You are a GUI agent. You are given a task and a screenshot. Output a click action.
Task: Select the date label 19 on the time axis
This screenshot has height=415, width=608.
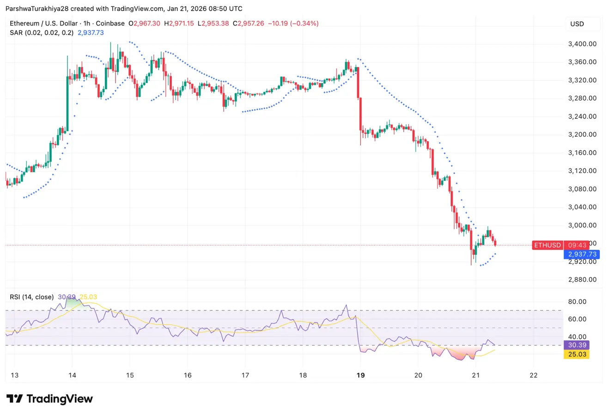pyautogui.click(x=360, y=375)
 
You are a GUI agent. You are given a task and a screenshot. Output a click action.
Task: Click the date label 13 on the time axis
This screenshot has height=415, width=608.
pyautogui.click(x=14, y=375)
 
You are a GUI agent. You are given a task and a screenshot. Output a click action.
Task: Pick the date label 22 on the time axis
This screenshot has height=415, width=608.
pyautogui.click(x=534, y=375)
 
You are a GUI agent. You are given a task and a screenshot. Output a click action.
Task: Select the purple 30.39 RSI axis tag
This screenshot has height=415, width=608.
pyautogui.click(x=577, y=345)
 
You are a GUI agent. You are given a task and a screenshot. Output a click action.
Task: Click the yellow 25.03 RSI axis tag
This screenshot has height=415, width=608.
pyautogui.click(x=577, y=354)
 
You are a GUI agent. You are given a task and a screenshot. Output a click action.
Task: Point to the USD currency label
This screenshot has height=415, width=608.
pyautogui.click(x=577, y=24)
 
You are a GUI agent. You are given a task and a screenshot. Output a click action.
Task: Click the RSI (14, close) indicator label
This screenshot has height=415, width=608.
pyautogui.click(x=31, y=297)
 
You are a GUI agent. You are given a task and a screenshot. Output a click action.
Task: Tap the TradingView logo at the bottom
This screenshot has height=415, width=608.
pyautogui.click(x=49, y=399)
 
